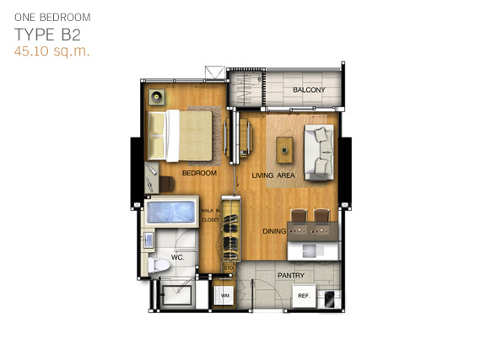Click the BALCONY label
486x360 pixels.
pyautogui.click(x=309, y=90)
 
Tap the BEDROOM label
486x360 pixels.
pyautogui.click(x=199, y=173)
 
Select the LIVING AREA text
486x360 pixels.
pyautogui.click(x=273, y=175)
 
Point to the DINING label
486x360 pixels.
pyautogui.click(x=274, y=231)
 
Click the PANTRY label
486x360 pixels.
pyautogui.click(x=291, y=275)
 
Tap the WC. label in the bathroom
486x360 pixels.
pyautogui.click(x=177, y=257)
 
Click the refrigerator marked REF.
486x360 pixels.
pyautogui.click(x=304, y=296)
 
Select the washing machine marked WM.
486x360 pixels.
pyautogui.click(x=224, y=296)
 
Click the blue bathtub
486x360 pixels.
pyautogui.click(x=170, y=212)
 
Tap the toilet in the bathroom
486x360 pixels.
pyautogui.click(x=159, y=266)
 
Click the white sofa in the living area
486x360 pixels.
pyautogui.click(x=319, y=152)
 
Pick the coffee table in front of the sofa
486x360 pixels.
pyautogui.click(x=284, y=150)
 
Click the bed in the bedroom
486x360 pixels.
pyautogui.click(x=180, y=136)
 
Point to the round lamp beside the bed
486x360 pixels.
pyautogui.click(x=157, y=97)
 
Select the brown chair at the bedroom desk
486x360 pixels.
pyautogui.click(x=167, y=184)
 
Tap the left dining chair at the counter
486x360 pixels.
pyautogui.click(x=299, y=216)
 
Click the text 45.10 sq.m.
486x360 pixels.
pyautogui.click(x=52, y=51)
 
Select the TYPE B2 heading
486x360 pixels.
pyautogui.click(x=48, y=34)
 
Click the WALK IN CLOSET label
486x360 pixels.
pyautogui.click(x=210, y=215)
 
